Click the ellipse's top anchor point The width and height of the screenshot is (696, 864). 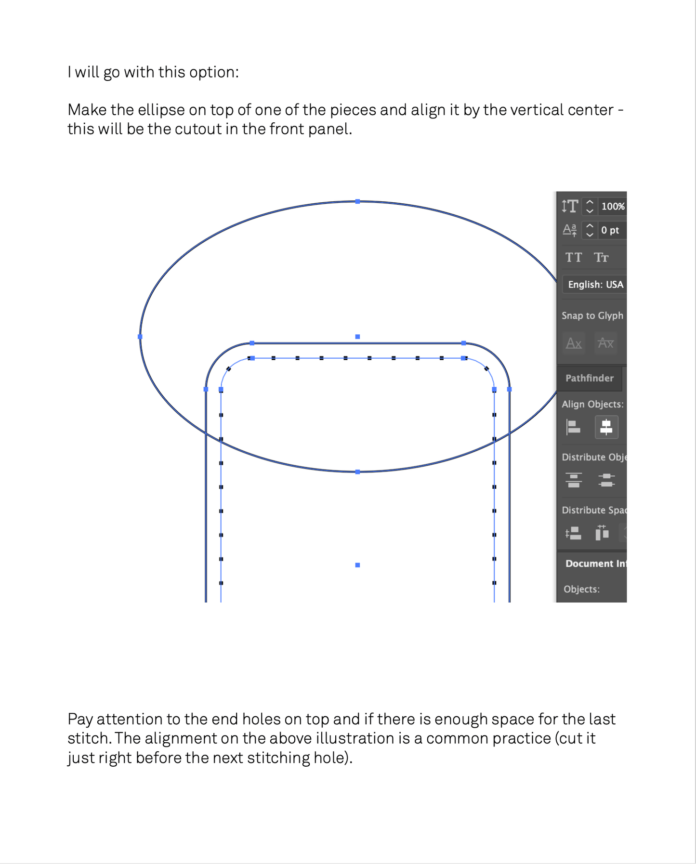357,201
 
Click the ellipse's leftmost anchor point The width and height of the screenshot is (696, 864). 140,337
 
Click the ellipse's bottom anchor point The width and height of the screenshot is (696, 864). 357,472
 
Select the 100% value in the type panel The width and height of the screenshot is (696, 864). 613,207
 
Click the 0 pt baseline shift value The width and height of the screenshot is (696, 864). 610,230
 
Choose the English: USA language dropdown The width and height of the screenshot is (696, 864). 595,285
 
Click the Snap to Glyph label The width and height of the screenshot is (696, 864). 592,316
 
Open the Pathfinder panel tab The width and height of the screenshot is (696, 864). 590,378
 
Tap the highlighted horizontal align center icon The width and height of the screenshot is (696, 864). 606,427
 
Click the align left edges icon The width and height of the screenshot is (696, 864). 573,427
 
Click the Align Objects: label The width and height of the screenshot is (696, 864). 592,405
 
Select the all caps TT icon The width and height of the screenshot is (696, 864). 574,258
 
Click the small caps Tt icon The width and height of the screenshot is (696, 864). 601,258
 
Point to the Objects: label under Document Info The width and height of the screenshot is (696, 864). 581,589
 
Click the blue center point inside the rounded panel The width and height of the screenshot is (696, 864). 357,565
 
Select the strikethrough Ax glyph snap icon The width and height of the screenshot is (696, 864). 605,343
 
